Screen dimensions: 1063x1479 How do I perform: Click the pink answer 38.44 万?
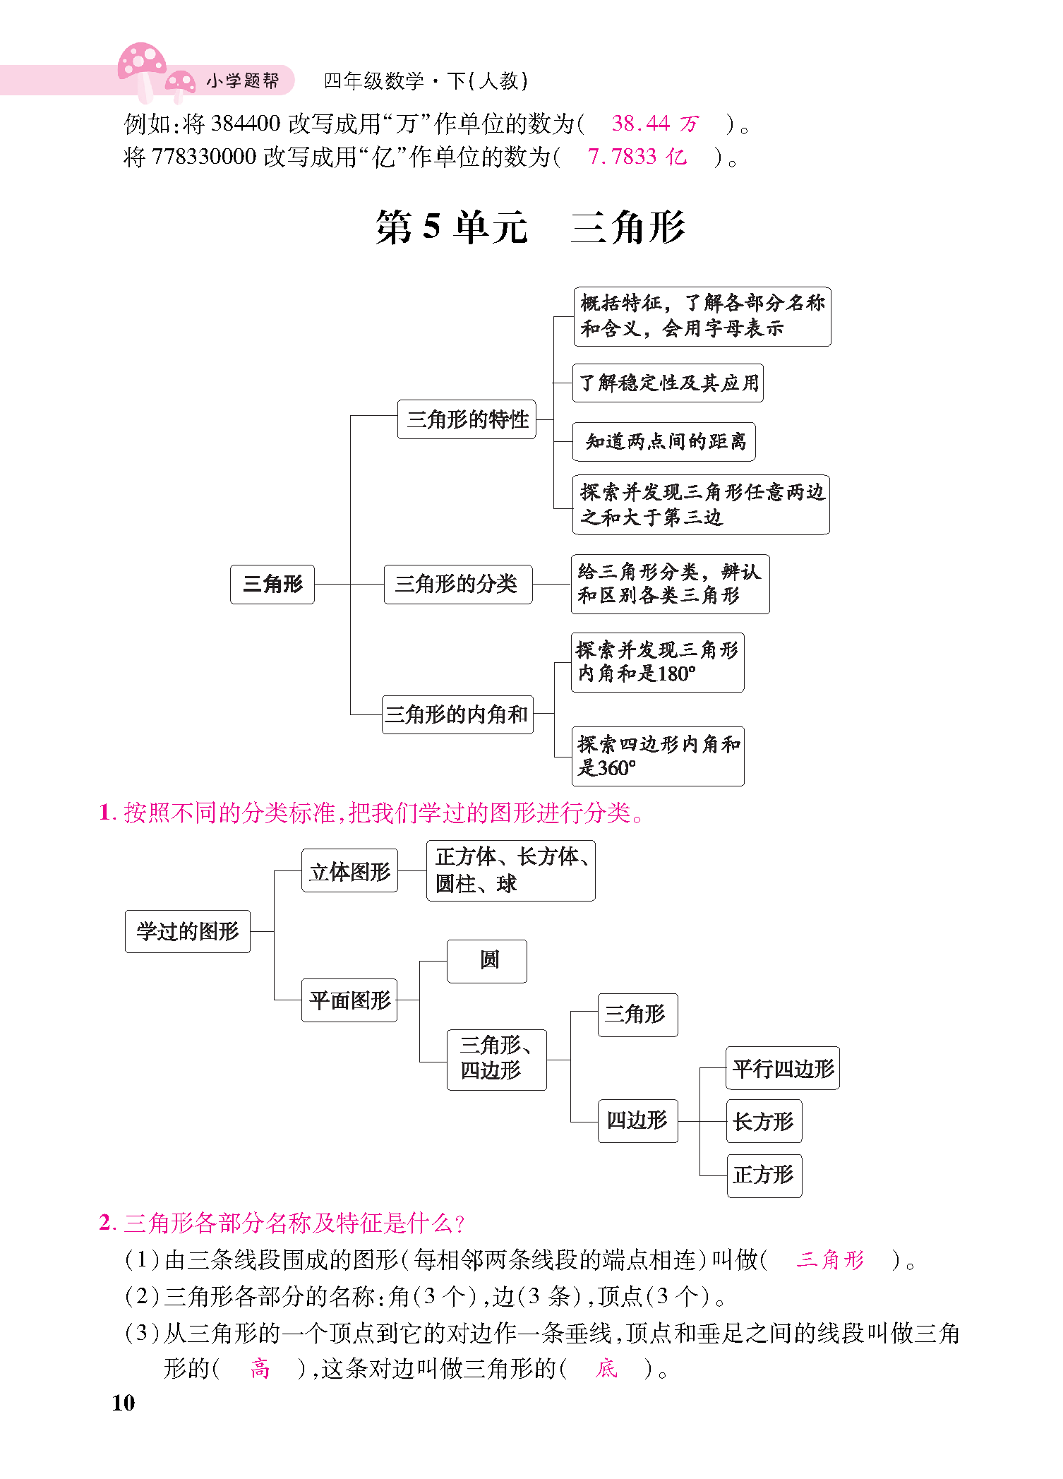tap(654, 124)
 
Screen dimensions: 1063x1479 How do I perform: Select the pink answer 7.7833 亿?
tap(637, 156)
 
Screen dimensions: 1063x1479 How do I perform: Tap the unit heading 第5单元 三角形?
tap(530, 227)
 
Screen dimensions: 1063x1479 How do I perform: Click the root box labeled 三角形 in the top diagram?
tap(272, 584)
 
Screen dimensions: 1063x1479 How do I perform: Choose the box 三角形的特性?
tap(467, 419)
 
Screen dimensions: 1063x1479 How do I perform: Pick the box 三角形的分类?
tap(458, 584)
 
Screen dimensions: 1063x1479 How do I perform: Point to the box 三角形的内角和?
tap(457, 714)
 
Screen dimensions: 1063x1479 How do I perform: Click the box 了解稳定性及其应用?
tap(668, 383)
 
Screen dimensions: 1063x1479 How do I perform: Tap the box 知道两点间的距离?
tap(663, 442)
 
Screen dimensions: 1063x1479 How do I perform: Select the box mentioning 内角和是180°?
tap(657, 662)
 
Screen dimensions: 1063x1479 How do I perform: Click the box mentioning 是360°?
tap(658, 756)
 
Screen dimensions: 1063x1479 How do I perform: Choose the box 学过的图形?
tap(188, 931)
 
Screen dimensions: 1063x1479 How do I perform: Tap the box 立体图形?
tap(350, 870)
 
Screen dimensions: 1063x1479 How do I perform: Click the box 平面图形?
tap(349, 1000)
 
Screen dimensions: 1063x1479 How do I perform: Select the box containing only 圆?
tap(487, 961)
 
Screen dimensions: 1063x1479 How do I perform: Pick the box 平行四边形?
tap(783, 1068)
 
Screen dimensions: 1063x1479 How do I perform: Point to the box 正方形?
tap(764, 1175)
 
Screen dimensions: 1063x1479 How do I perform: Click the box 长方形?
tap(764, 1121)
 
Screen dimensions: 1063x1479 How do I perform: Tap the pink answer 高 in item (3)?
tap(260, 1369)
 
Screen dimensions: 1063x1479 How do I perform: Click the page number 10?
tap(123, 1403)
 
